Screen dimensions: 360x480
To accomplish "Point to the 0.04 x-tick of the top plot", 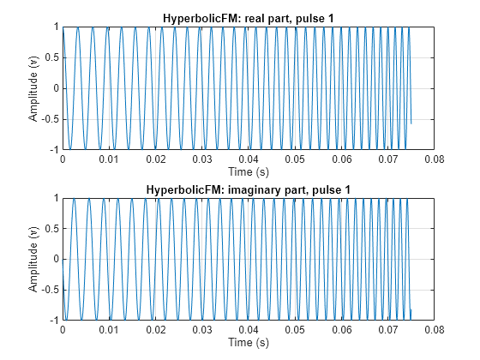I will [x=248, y=159].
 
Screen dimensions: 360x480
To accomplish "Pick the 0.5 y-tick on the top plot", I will [x=50, y=57].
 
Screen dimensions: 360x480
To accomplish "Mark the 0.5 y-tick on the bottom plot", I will [x=50, y=229].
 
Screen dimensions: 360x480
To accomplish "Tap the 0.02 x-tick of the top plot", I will [x=155, y=159].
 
